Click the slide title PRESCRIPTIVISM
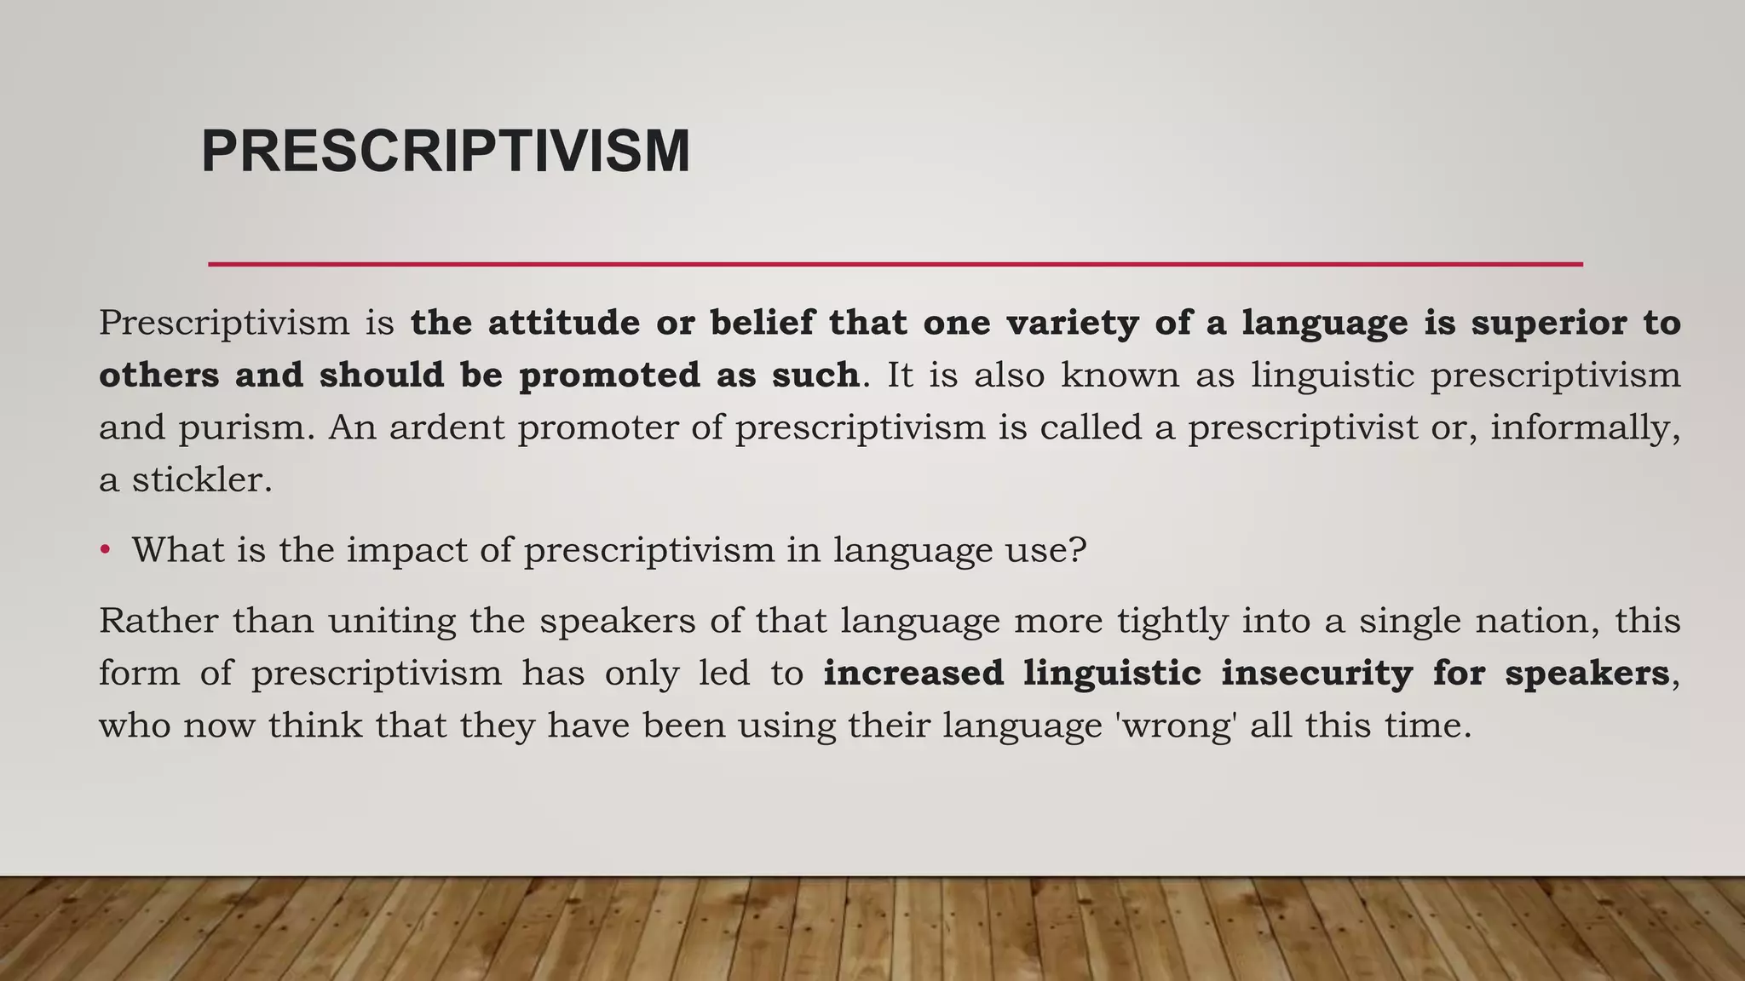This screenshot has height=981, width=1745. (x=445, y=152)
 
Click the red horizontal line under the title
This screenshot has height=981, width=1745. (x=895, y=264)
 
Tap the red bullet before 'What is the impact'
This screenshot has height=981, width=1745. (x=105, y=549)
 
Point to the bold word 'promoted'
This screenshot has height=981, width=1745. (x=608, y=375)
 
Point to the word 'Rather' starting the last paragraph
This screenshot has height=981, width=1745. (x=158, y=620)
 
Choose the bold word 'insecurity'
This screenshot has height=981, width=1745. (x=1316, y=673)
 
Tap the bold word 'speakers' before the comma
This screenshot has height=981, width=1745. (x=1587, y=673)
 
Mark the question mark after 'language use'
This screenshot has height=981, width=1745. (x=1078, y=550)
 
